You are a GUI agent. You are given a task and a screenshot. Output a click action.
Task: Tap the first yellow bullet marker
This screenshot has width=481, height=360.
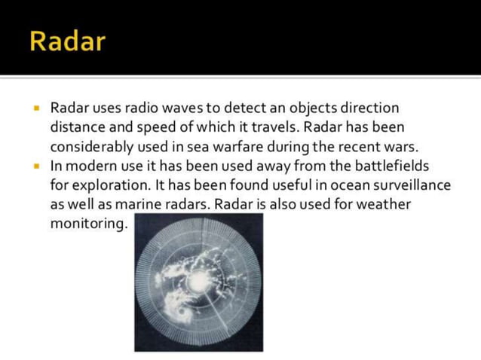coord(35,108)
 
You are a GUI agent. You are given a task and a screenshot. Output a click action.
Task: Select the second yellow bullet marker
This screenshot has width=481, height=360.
coord(35,165)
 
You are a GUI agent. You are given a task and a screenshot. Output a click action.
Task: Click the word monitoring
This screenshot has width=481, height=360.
coord(87,224)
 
